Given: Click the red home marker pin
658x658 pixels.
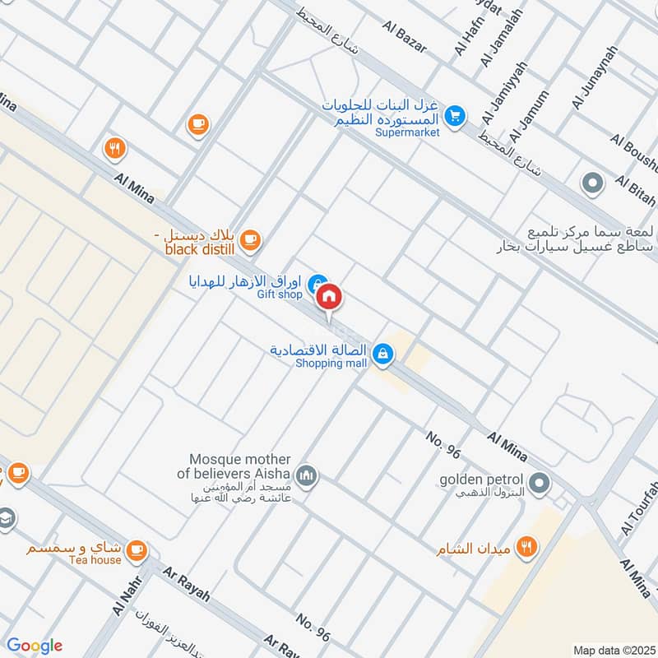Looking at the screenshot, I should (329, 297).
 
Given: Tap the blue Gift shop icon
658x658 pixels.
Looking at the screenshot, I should (317, 284).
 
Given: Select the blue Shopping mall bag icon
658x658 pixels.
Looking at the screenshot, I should (382, 355).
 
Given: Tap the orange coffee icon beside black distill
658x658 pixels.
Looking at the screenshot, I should (251, 240).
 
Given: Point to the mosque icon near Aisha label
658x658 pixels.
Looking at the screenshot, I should (308, 476).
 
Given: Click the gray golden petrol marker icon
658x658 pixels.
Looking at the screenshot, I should (540, 483).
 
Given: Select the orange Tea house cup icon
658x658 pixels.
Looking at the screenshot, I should (137, 549).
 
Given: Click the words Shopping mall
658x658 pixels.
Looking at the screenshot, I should (331, 364).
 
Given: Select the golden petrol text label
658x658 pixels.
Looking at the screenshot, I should (481, 479).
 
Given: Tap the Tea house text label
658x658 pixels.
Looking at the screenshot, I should (95, 561).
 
